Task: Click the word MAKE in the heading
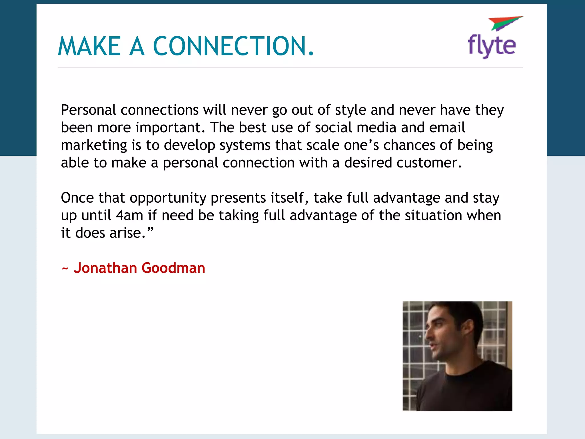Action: point(89,46)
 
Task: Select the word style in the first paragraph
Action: point(350,110)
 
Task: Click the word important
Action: point(170,128)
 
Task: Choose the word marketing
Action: point(94,145)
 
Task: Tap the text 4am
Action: point(129,215)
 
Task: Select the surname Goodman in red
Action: point(173,268)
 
